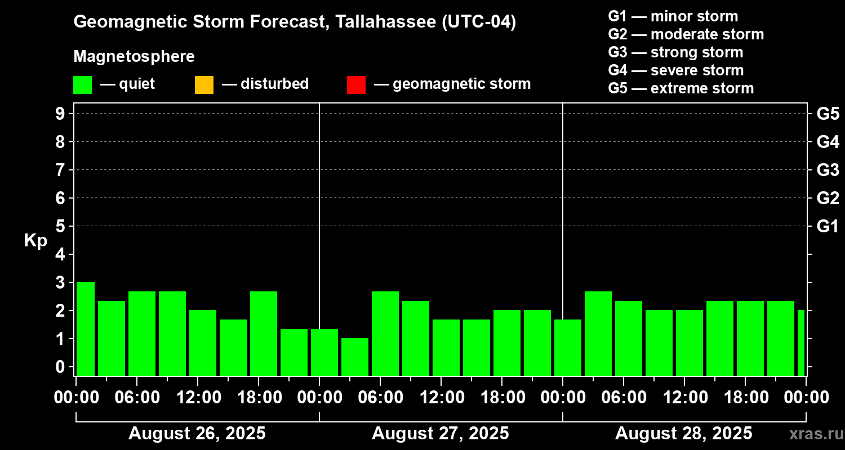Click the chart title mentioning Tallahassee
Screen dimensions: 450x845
[x=295, y=22]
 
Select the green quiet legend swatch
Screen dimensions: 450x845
[x=82, y=84]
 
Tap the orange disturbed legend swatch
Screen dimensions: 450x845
[x=204, y=84]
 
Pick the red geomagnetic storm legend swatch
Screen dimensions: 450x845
[x=356, y=84]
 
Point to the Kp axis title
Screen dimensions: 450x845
[x=35, y=241]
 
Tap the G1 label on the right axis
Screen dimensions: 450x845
[x=828, y=226]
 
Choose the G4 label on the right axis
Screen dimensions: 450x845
[x=828, y=142]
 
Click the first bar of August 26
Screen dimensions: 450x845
[x=86, y=328]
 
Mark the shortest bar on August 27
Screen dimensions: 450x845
[x=355, y=357]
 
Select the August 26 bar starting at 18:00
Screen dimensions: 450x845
[x=264, y=333]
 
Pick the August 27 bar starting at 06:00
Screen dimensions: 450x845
[x=385, y=333]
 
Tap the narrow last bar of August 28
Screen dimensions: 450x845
[x=801, y=343]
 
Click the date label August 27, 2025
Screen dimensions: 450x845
[x=440, y=434]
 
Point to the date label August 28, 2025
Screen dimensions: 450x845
[x=683, y=434]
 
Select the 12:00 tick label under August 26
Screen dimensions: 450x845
[x=198, y=397]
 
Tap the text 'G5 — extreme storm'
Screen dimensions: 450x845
[x=681, y=88]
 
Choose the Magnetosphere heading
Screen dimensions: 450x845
[x=134, y=57]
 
